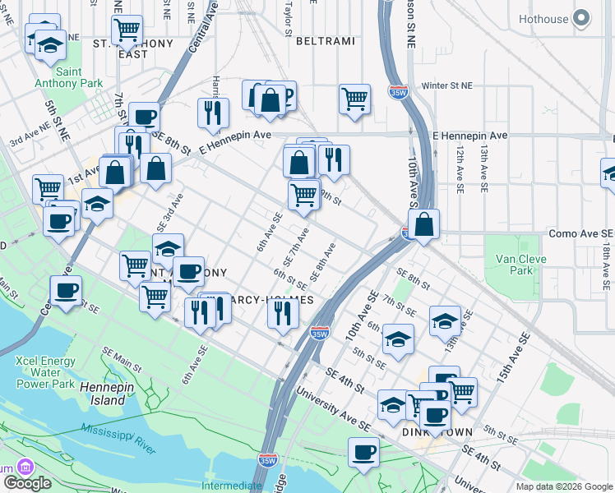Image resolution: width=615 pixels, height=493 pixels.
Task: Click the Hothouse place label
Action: click(x=543, y=19)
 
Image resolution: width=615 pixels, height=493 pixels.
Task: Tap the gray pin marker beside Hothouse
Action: click(x=582, y=18)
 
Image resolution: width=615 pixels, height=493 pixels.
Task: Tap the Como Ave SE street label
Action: click(x=580, y=234)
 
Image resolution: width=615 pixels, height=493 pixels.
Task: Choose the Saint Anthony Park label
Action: click(x=68, y=77)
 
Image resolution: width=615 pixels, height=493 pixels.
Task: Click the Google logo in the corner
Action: click(x=27, y=483)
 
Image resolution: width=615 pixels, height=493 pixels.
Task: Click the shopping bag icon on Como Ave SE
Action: click(x=423, y=223)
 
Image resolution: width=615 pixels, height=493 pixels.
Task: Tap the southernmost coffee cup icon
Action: click(x=363, y=451)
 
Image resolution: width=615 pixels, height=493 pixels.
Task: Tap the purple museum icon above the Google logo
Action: click(x=26, y=466)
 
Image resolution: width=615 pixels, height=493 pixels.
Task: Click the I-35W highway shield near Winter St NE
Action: click(x=399, y=91)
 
